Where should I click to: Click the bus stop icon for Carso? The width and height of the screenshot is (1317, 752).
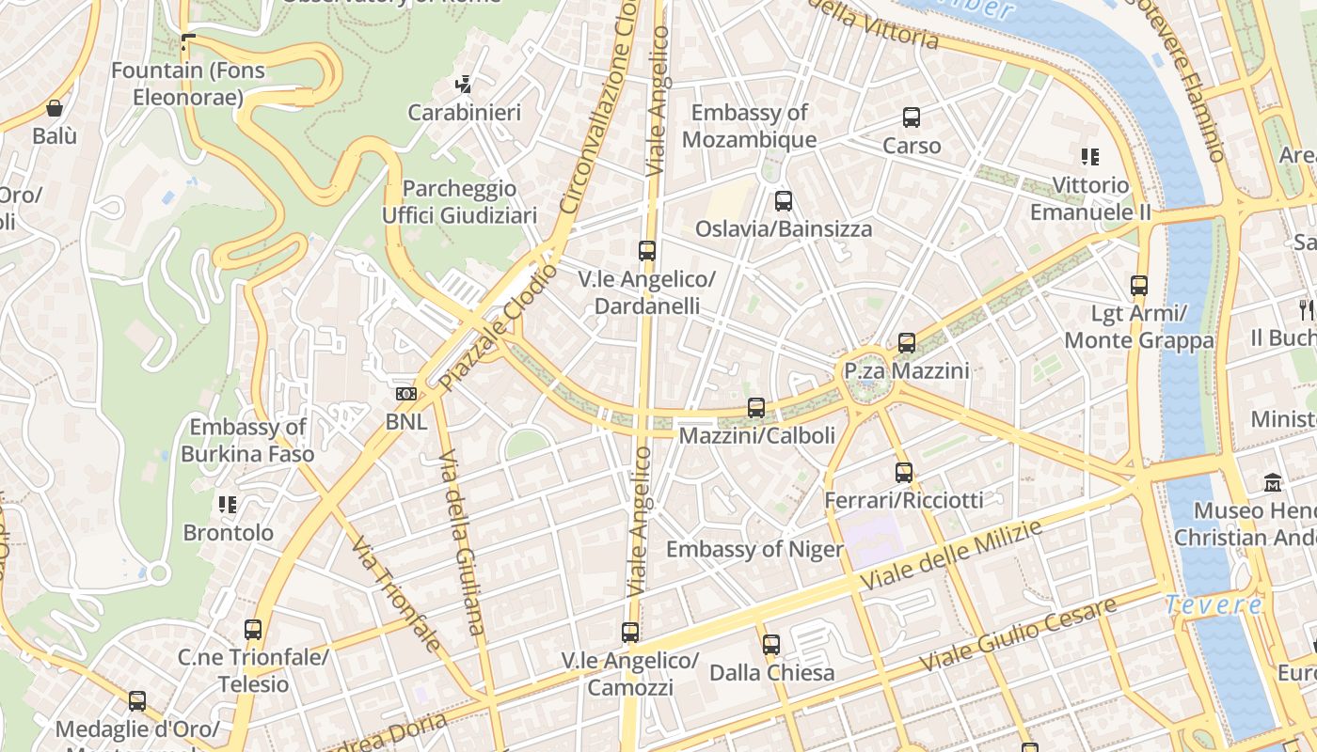click(911, 117)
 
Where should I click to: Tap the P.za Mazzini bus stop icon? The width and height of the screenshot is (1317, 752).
click(906, 343)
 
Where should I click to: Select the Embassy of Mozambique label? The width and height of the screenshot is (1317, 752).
click(749, 127)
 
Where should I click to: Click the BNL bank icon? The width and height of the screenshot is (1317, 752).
click(405, 394)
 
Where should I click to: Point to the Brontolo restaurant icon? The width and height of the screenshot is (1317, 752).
click(227, 506)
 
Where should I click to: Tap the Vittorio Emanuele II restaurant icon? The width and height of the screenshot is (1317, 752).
click(1089, 157)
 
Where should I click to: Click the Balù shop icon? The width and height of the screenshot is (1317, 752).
click(55, 108)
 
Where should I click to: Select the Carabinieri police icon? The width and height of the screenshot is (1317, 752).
click(463, 86)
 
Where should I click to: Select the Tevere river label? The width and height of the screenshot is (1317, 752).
click(1213, 605)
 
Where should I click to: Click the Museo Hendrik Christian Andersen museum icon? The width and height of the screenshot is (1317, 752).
click(1273, 483)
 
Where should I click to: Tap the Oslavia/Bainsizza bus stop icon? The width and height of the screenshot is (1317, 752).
click(783, 201)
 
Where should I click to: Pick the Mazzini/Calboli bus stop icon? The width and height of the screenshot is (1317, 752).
click(755, 408)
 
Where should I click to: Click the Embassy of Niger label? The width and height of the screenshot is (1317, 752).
click(754, 549)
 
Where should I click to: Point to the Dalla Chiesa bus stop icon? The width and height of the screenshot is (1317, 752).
click(770, 645)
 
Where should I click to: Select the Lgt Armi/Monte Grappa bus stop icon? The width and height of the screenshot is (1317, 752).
click(1138, 286)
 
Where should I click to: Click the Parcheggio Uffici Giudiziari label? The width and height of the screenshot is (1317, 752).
click(459, 202)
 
